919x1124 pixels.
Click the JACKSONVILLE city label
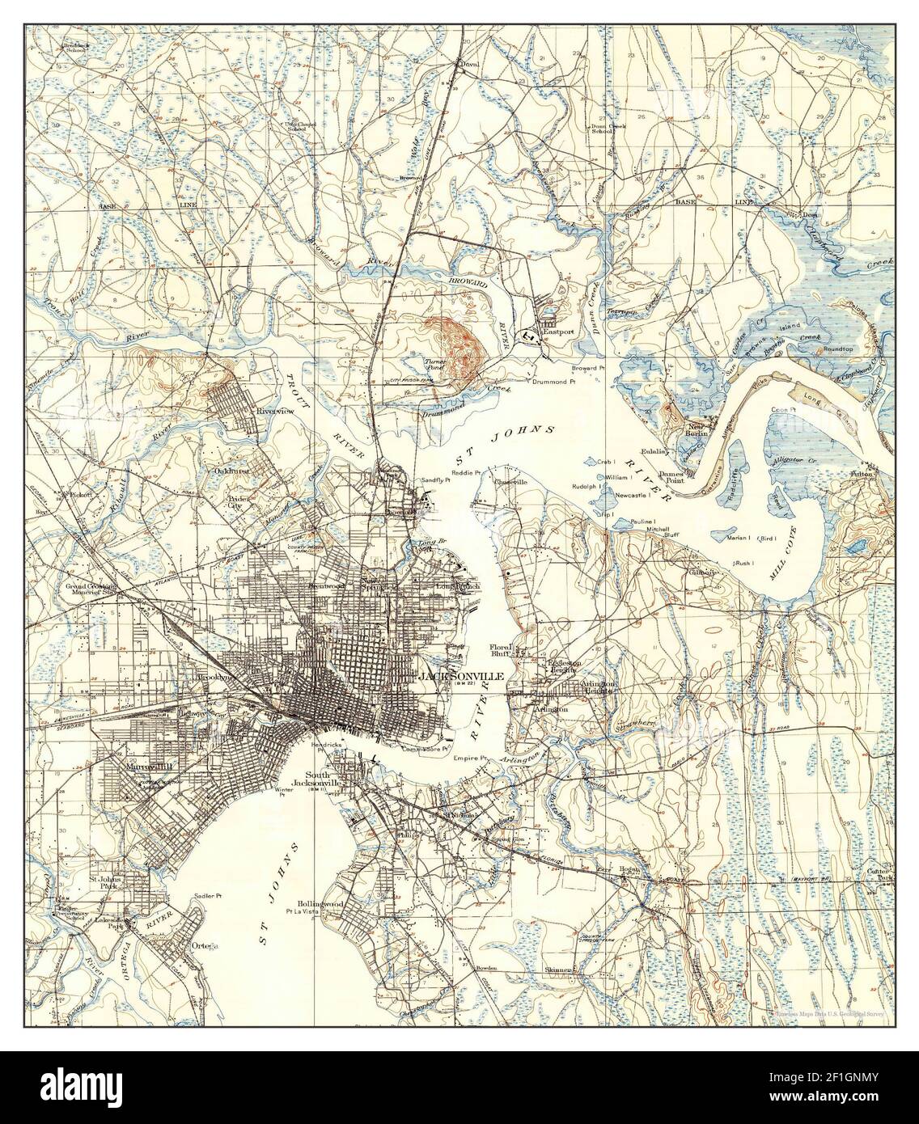459,675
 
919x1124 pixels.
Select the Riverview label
273,411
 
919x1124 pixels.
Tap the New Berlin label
697,429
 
